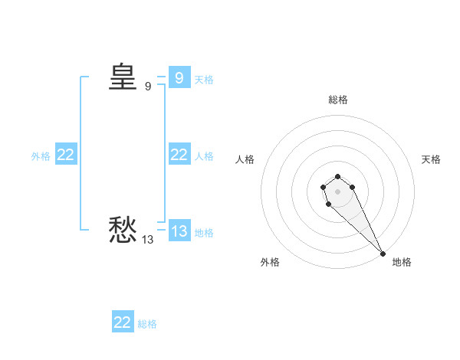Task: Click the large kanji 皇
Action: click(123, 77)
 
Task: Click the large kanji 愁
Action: click(123, 229)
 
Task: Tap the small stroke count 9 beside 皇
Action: click(148, 87)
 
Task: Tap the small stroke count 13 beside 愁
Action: click(147, 240)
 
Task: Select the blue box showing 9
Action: click(179, 77)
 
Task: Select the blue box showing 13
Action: click(179, 231)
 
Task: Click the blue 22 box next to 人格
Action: click(179, 154)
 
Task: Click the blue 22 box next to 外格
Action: click(65, 154)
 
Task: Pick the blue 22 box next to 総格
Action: click(123, 322)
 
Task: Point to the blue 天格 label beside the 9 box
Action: click(204, 79)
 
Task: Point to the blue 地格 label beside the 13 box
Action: click(204, 232)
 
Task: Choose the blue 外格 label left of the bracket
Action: click(41, 155)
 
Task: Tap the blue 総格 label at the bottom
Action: click(147, 324)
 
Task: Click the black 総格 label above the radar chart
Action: click(337, 100)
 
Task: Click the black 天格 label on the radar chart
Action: click(431, 159)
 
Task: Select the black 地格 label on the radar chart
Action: click(402, 262)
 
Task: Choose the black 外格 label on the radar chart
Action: click(270, 262)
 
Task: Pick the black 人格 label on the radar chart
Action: click(245, 159)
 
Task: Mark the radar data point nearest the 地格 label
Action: click(383, 254)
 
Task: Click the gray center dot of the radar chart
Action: click(337, 191)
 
